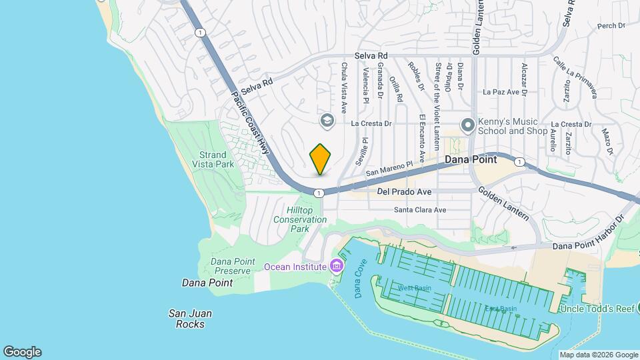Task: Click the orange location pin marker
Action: [321, 159]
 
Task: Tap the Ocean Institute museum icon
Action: [337, 267]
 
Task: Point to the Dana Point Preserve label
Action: [231, 266]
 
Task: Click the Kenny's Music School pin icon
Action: [468, 125]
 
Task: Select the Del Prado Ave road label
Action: [404, 192]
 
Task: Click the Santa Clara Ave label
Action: [420, 210]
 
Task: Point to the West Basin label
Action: [415, 288]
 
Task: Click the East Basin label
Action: [501, 309]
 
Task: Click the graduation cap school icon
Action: [327, 120]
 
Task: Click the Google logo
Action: [22, 352]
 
